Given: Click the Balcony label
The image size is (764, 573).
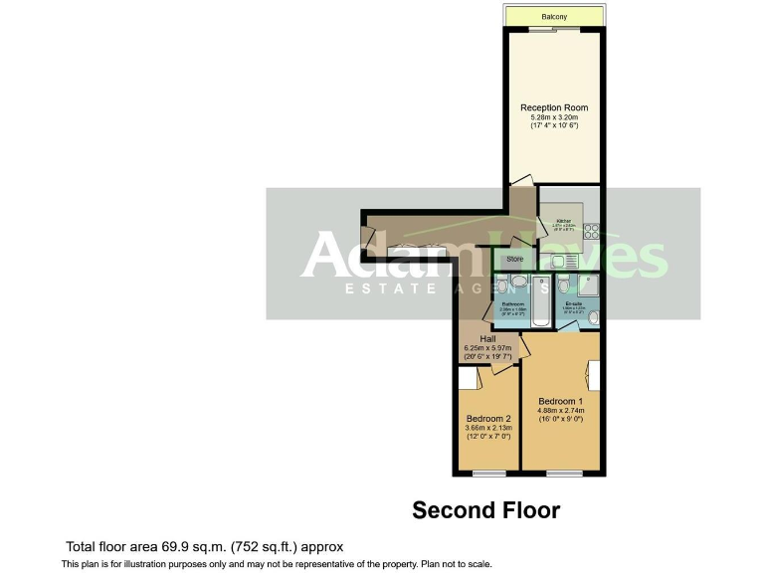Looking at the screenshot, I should [554, 17].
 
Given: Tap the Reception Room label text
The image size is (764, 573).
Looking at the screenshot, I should [554, 107].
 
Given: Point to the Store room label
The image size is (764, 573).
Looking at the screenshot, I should [514, 260].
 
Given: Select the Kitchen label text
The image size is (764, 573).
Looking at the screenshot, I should [563, 220].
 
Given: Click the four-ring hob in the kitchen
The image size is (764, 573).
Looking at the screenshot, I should [588, 232].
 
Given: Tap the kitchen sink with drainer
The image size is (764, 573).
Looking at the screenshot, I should [563, 261].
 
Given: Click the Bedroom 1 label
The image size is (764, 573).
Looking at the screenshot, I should [561, 401].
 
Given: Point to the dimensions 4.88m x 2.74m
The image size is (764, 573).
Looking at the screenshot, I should [561, 411].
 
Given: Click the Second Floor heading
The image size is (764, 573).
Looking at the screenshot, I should [485, 510].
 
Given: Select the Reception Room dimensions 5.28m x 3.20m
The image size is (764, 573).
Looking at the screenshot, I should [554, 118].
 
